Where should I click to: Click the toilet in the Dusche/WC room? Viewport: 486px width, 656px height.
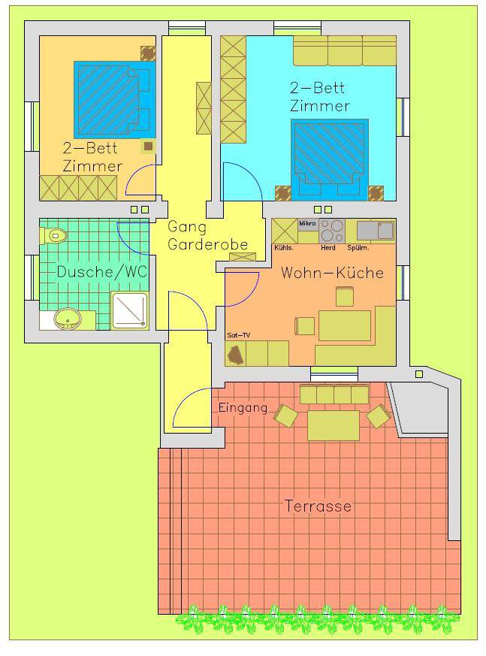point(54,235)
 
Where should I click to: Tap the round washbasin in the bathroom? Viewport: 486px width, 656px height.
point(68,319)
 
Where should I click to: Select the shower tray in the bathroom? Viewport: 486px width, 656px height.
point(130,310)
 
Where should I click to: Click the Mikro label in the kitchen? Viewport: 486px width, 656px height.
point(307,223)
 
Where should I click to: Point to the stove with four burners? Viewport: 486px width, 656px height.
point(332,231)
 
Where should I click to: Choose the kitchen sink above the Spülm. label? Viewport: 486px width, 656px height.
point(375,231)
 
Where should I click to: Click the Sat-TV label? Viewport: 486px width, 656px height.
point(238,335)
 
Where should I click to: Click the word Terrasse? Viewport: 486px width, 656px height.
point(318,506)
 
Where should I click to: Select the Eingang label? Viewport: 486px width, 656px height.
point(243,408)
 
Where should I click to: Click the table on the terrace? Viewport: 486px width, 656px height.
point(334,425)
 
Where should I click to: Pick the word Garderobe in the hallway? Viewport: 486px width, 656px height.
point(208,244)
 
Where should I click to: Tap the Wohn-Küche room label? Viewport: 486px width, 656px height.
point(333,273)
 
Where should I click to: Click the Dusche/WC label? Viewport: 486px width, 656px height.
point(102,272)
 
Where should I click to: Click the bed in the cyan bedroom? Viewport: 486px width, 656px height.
point(330,160)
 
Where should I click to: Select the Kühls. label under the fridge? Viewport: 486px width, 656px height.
point(284,248)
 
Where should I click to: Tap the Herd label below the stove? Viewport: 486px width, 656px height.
point(328,248)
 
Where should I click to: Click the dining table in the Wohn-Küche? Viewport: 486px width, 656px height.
point(345,325)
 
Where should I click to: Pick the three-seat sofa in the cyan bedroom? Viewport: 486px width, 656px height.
point(345,50)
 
